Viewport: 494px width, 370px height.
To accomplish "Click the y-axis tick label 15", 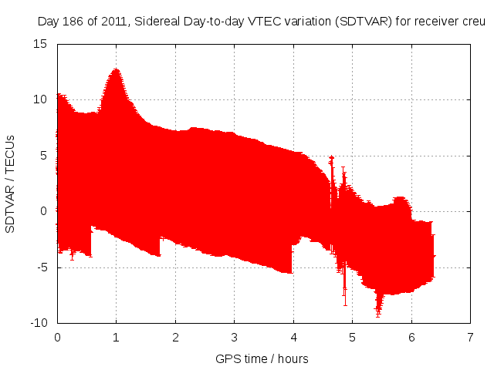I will pos(41,44).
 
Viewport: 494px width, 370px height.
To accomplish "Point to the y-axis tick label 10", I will pos(41,99).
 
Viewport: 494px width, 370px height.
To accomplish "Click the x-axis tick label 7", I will pos(470,338).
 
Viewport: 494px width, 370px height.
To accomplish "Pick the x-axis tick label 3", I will pos(234,338).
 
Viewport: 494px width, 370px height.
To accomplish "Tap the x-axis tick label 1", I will pos(116,338).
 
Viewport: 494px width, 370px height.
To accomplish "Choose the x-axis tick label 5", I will pos(352,338).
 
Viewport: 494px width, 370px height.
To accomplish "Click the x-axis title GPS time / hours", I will pos(262,358).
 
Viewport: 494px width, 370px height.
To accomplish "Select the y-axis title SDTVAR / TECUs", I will pos(11,183).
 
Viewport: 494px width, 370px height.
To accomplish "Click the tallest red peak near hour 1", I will pos(116,70).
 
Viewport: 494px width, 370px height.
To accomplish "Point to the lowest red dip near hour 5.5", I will pos(378,313).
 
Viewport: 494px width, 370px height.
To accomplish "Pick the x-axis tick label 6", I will pos(411,338).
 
